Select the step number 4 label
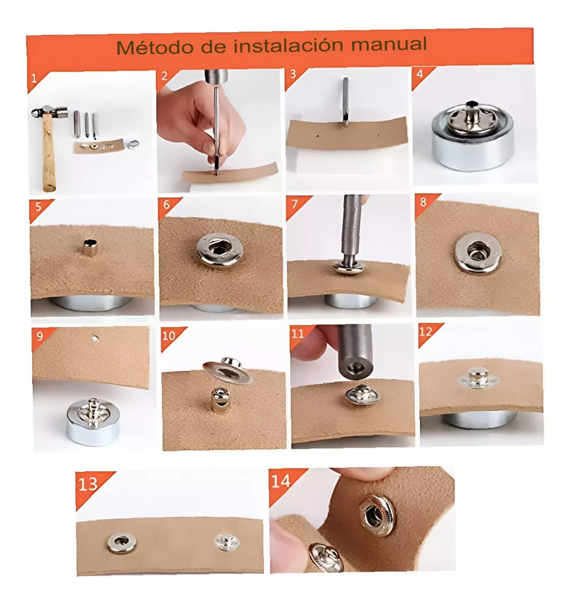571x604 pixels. (x=420, y=73)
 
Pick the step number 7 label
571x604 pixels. (x=295, y=204)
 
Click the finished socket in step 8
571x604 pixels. (x=478, y=253)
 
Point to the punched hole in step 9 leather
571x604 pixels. (x=95, y=339)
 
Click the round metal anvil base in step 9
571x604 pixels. (x=93, y=422)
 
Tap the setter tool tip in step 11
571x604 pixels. (x=355, y=369)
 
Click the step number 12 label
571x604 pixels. (x=426, y=332)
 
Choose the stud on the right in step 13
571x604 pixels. (x=227, y=542)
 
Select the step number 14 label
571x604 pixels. (x=281, y=481)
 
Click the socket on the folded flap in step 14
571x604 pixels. (x=377, y=516)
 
